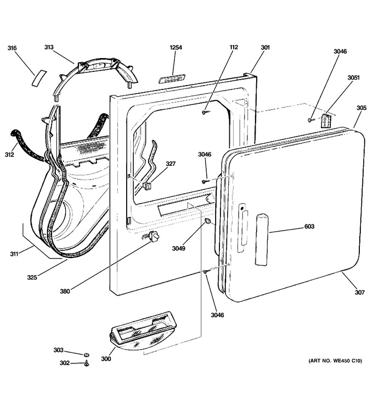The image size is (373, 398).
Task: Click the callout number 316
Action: click(x=12, y=48)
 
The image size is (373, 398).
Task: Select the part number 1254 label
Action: click(x=176, y=47)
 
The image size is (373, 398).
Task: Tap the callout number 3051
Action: click(x=353, y=77)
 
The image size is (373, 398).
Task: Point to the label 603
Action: click(x=309, y=226)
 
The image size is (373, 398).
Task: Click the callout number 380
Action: click(x=65, y=292)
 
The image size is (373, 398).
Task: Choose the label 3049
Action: click(x=178, y=249)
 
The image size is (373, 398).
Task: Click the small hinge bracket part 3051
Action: click(x=325, y=121)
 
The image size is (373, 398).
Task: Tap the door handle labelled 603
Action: click(x=262, y=239)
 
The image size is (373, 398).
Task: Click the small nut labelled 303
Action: click(x=87, y=354)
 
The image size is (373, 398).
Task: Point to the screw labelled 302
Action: click(x=87, y=364)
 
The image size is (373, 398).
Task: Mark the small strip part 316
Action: click(x=39, y=78)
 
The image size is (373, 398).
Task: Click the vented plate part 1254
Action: click(x=172, y=79)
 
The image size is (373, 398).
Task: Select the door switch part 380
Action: click(x=154, y=237)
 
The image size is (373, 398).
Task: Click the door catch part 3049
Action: click(x=208, y=221)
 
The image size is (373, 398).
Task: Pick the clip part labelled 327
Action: click(x=147, y=186)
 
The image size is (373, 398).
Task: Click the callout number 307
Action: click(x=359, y=293)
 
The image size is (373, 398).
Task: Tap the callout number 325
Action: click(x=32, y=277)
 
